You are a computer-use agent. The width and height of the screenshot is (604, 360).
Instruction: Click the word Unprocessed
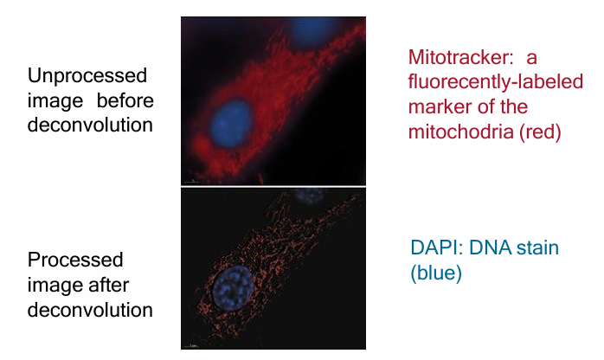(x=87, y=75)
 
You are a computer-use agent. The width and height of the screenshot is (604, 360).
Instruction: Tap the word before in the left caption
(x=122, y=100)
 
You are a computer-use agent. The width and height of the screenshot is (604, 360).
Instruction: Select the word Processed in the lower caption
(x=75, y=260)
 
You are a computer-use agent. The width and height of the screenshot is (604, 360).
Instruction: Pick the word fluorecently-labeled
(x=495, y=83)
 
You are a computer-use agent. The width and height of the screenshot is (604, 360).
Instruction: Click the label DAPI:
(x=436, y=249)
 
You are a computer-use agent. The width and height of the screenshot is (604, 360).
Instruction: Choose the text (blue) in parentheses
(x=437, y=273)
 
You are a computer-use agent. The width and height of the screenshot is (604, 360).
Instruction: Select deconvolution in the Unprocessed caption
(x=90, y=125)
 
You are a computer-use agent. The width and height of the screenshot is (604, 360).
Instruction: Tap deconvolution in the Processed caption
(x=90, y=309)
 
